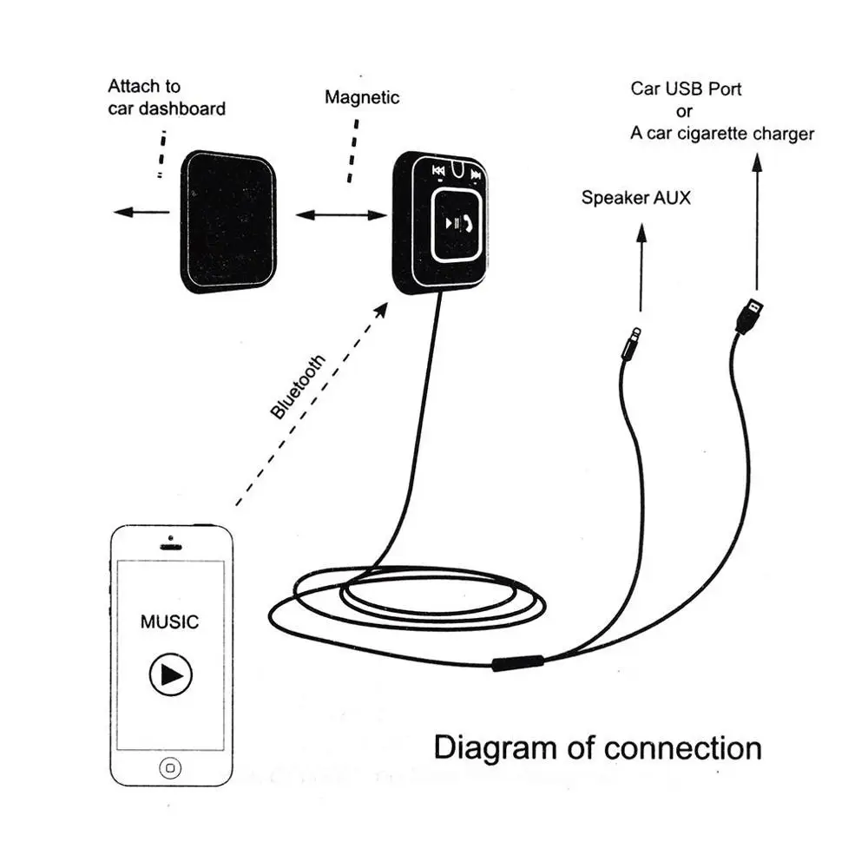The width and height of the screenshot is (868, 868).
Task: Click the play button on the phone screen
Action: pyautogui.click(x=170, y=674)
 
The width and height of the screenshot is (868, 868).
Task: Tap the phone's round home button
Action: pyautogui.click(x=170, y=768)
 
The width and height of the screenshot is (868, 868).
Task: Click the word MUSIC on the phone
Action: pyautogui.click(x=169, y=621)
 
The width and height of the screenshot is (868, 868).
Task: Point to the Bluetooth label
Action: pyautogui.click(x=297, y=386)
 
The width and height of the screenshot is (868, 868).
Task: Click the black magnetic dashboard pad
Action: pyautogui.click(x=228, y=221)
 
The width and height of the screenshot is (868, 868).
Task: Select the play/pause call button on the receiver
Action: pyautogui.click(x=457, y=224)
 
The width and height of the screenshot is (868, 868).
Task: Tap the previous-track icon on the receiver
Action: pyautogui.click(x=438, y=171)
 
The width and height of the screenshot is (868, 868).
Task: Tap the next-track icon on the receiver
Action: pyautogui.click(x=476, y=175)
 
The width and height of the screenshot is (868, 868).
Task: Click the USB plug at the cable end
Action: pyautogui.click(x=750, y=316)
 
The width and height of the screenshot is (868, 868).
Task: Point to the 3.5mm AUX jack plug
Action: pyautogui.click(x=632, y=344)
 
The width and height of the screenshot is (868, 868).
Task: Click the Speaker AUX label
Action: pyautogui.click(x=636, y=198)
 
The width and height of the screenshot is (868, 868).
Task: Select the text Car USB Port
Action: pyautogui.click(x=686, y=89)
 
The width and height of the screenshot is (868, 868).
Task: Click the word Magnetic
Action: pyautogui.click(x=362, y=97)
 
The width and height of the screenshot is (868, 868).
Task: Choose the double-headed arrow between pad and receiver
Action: pyautogui.click(x=341, y=214)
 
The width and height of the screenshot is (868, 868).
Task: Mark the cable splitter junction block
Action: pyautogui.click(x=518, y=662)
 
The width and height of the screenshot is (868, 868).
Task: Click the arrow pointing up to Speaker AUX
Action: pyautogui.click(x=641, y=267)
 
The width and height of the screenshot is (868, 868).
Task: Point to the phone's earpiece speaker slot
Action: pyautogui.click(x=170, y=547)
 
